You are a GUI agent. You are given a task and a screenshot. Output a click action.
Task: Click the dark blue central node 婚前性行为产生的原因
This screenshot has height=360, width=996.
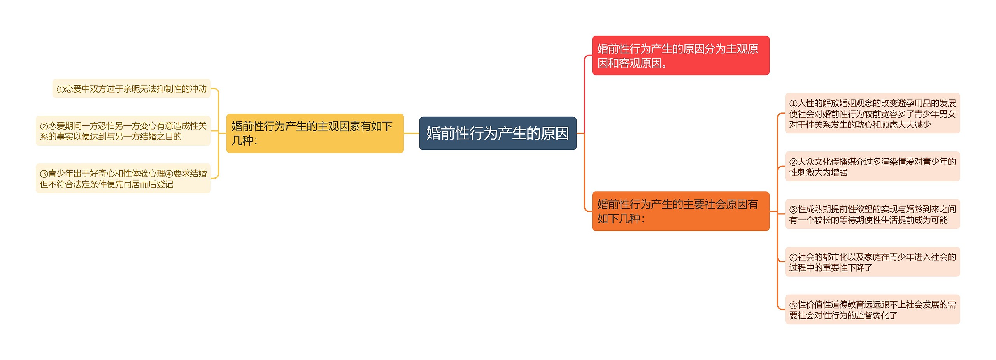pyautogui.click(x=498, y=133)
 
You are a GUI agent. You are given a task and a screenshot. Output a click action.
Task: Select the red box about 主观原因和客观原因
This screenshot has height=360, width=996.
pyautogui.click(x=680, y=55)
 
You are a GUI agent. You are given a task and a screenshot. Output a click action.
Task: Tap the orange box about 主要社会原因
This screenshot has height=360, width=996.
pyautogui.click(x=680, y=211)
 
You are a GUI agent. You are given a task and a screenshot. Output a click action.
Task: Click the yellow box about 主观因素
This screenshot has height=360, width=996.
pyautogui.click(x=315, y=133)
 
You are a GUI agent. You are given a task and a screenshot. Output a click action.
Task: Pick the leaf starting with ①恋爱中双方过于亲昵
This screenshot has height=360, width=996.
pyautogui.click(x=132, y=89)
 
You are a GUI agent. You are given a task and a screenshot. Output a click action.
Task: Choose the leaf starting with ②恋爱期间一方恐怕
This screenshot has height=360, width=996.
pyautogui.click(x=123, y=131)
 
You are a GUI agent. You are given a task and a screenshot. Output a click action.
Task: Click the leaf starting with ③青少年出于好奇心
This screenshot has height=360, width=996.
pyautogui.click(x=123, y=179)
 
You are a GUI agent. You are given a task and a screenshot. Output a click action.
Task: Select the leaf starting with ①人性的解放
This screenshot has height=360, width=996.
pyautogui.click(x=872, y=113)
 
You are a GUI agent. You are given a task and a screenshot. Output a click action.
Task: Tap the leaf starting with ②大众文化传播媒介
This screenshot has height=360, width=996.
pyautogui.click(x=872, y=167)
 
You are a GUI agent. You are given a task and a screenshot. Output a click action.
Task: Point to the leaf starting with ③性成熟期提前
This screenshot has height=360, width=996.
pyautogui.click(x=872, y=214)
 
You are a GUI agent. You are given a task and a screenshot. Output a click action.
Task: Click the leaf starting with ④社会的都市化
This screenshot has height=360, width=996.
pyautogui.click(x=872, y=262)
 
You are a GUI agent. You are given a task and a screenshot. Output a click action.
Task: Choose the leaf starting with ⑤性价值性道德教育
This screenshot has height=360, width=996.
pyautogui.click(x=872, y=309)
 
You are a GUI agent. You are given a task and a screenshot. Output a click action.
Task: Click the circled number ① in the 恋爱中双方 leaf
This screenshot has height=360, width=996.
pyautogui.click(x=61, y=90)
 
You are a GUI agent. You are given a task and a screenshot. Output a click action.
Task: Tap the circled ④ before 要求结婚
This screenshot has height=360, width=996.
pyautogui.click(x=169, y=174)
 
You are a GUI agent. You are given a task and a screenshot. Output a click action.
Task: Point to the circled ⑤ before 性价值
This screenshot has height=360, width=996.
pyautogui.click(x=793, y=305)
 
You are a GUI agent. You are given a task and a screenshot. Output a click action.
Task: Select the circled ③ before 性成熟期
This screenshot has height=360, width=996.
pyautogui.click(x=793, y=210)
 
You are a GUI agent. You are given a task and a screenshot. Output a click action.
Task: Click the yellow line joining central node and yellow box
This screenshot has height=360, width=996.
pyautogui.click(x=412, y=133)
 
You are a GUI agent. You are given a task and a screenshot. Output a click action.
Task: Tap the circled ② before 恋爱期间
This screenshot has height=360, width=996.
pyautogui.click(x=44, y=126)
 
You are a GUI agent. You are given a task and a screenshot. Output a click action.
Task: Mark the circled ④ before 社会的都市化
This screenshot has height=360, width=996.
pyautogui.click(x=793, y=258)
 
